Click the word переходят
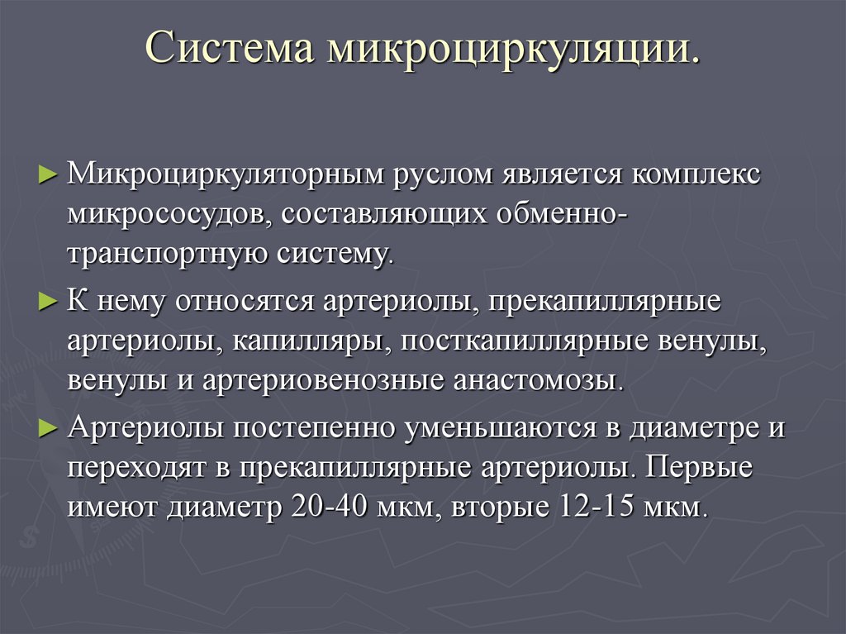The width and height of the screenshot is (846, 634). point(136,467)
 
